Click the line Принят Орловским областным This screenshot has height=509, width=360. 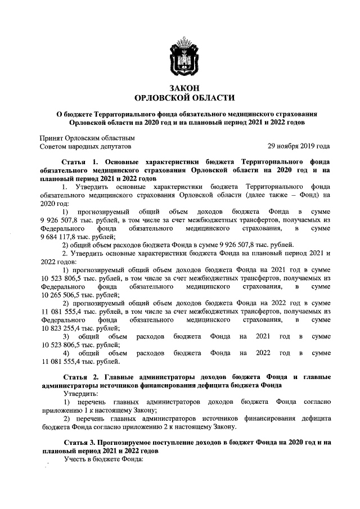tap(87, 137)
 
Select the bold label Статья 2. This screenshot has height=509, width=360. tap(78, 376)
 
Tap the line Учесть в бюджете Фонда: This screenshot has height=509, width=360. tap(97, 460)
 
